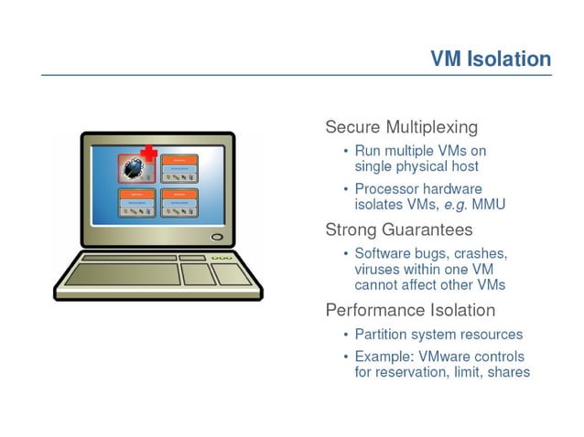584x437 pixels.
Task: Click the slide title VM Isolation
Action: pyautogui.click(x=491, y=59)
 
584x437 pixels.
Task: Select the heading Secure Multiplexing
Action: pyautogui.click(x=401, y=126)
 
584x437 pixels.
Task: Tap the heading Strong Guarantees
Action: pyautogui.click(x=399, y=229)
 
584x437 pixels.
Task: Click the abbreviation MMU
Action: pyautogui.click(x=486, y=205)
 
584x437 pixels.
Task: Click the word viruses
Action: pyautogui.click(x=378, y=270)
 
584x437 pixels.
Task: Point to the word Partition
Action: pyautogui.click(x=382, y=335)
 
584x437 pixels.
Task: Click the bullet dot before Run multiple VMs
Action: pyautogui.click(x=345, y=151)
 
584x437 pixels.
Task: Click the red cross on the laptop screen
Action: pyautogui.click(x=148, y=153)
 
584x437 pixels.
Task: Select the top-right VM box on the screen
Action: pyautogui.click(x=180, y=168)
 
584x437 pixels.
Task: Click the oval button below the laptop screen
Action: pyautogui.click(x=217, y=238)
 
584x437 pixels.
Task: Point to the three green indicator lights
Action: pyautogui.click(x=222, y=259)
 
